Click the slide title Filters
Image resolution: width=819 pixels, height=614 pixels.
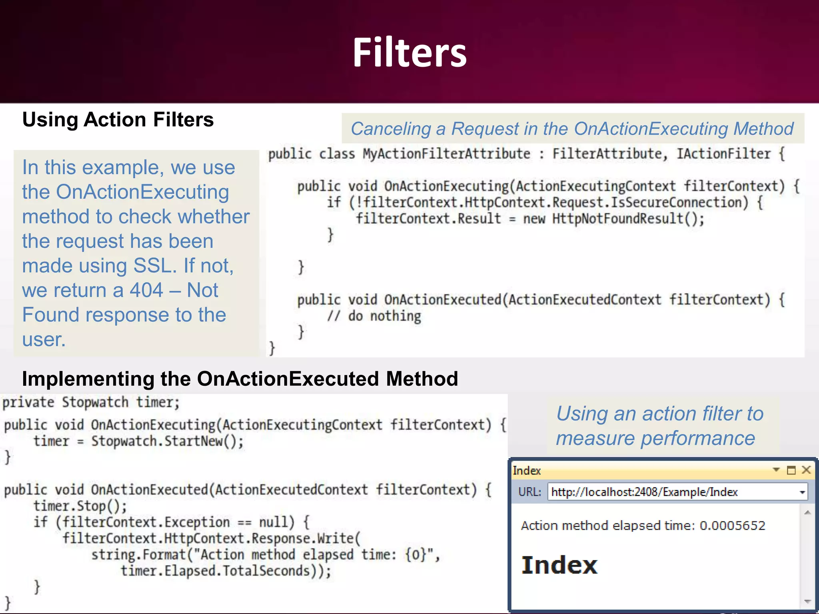[x=409, y=53]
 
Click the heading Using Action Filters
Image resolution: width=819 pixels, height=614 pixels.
[x=118, y=120]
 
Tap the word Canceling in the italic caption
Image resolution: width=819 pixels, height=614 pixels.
[x=390, y=129]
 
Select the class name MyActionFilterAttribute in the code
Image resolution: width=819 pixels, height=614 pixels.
[x=446, y=154]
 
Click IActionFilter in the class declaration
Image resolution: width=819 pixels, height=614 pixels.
[x=723, y=154]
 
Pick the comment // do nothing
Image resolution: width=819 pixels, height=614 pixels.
[x=374, y=316]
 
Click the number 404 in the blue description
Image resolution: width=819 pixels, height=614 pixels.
[x=146, y=290]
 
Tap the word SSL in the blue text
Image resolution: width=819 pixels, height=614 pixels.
[x=155, y=266]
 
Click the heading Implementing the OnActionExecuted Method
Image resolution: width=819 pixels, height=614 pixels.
[x=240, y=379]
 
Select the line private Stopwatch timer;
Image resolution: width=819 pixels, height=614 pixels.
[x=91, y=402]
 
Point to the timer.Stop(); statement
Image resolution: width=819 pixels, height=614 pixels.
[x=80, y=506]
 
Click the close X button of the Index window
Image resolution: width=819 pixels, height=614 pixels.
[x=806, y=470]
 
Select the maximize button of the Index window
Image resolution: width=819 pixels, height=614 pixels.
[x=791, y=470]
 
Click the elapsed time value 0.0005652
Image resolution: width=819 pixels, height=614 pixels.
[x=732, y=525]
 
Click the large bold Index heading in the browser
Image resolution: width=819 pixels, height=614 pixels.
[x=559, y=565]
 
